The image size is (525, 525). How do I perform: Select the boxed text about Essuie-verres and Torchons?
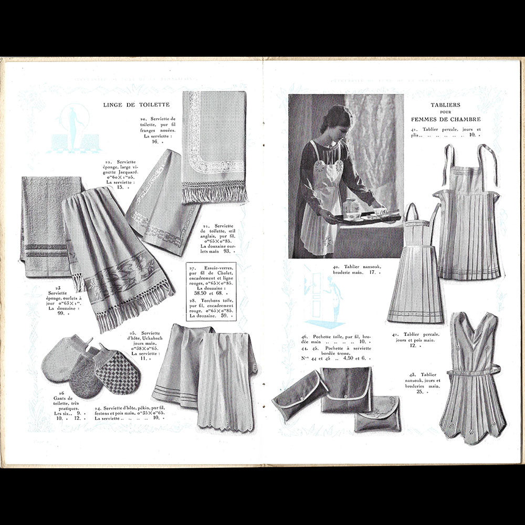click(211, 291)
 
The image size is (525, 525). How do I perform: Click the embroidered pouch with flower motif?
click(377, 413)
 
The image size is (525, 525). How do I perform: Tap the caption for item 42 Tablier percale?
click(415, 340)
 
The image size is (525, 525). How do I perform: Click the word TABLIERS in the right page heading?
click(445, 105)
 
